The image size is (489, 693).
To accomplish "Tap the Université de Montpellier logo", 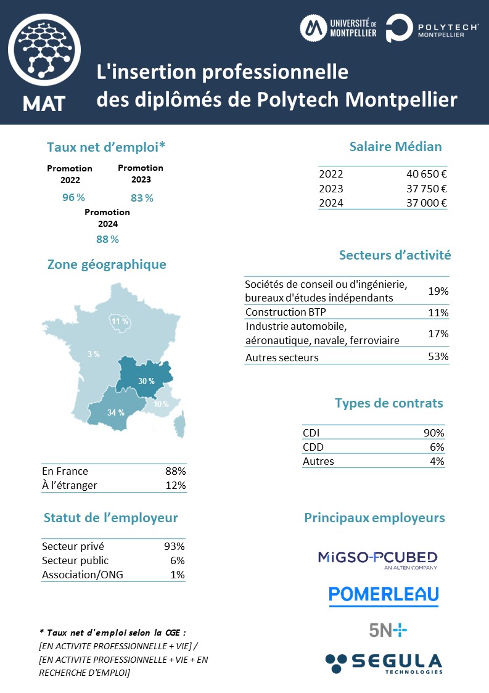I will coord(339,27).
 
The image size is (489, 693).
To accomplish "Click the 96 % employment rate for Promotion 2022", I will coord(73,197).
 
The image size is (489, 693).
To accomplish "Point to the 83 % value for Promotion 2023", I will coord(142,198).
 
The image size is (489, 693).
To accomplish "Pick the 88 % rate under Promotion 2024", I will coord(107,239).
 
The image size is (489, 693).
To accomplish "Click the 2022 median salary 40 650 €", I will coord(423,174).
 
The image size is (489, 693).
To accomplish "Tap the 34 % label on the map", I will coord(116,412).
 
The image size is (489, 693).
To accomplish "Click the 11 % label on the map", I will coord(120,321).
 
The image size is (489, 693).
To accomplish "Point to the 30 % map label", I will coord(146,381).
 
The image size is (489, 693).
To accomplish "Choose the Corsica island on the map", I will coord(179,425).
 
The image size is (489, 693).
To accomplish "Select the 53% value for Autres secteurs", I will coord(438,356).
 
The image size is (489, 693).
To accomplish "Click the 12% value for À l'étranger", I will coord(175,485).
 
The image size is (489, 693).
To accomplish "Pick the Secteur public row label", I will coord(75,560).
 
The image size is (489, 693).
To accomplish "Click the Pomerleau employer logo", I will coord(383,594).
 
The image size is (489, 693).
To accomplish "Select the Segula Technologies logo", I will coord(384,663).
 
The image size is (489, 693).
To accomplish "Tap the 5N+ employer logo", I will coord(388,629).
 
